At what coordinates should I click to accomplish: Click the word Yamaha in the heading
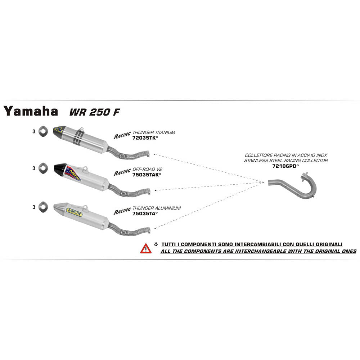pos(31,111)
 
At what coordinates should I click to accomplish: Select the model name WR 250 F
pos(95,112)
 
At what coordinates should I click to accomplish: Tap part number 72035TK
pos(144,138)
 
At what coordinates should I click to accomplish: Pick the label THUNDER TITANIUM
pos(154,132)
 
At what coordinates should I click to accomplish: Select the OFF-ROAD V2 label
pos(147,170)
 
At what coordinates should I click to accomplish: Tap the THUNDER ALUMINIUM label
pos(157,208)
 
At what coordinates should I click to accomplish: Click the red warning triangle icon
pos(146,249)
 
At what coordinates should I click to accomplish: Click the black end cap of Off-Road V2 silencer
pos(60,169)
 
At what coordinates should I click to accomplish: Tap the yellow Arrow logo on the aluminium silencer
pos(74,212)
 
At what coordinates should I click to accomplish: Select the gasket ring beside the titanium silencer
pos(42,131)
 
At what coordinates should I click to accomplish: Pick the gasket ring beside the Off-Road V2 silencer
pos(43,168)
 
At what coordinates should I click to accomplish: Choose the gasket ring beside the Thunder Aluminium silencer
pos(43,207)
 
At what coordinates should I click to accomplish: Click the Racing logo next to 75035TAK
pos(122,172)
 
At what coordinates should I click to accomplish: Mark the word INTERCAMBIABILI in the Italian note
pos(258,244)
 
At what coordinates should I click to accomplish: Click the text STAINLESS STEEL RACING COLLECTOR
pos(286,161)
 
